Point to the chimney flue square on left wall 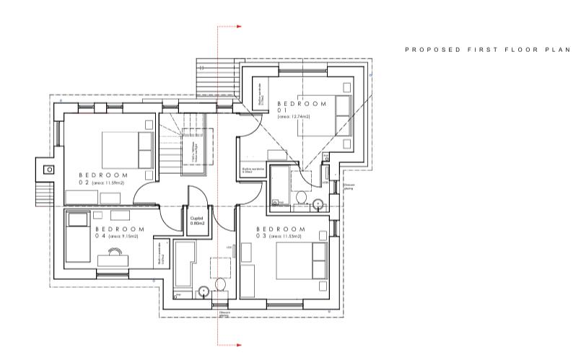49,170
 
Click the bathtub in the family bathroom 185,263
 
